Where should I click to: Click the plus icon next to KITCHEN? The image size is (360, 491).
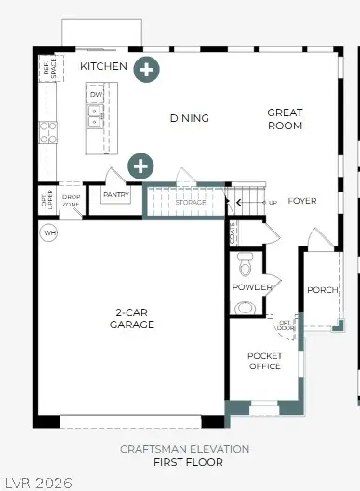pyautogui.click(x=145, y=68)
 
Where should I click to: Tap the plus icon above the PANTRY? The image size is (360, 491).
pyautogui.click(x=140, y=166)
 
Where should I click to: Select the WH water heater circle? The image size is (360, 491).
pyautogui.click(x=48, y=232)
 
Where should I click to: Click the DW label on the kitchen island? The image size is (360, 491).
pyautogui.click(x=95, y=94)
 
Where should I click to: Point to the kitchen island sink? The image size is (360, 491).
pyautogui.click(x=95, y=115)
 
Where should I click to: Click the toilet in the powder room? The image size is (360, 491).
pyautogui.click(x=245, y=264)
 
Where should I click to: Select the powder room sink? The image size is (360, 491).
pyautogui.click(x=247, y=307)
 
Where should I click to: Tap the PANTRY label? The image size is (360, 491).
pyautogui.click(x=116, y=195)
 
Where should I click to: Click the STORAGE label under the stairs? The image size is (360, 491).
pyautogui.click(x=190, y=201)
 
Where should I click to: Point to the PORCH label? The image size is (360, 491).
pyautogui.click(x=321, y=290)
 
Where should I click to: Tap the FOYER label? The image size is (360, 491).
pyautogui.click(x=302, y=201)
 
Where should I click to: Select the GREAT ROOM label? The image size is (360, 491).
pyautogui.click(x=285, y=119)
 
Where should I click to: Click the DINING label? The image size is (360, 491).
pyautogui.click(x=189, y=118)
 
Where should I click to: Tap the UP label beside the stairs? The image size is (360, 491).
pyautogui.click(x=273, y=202)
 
